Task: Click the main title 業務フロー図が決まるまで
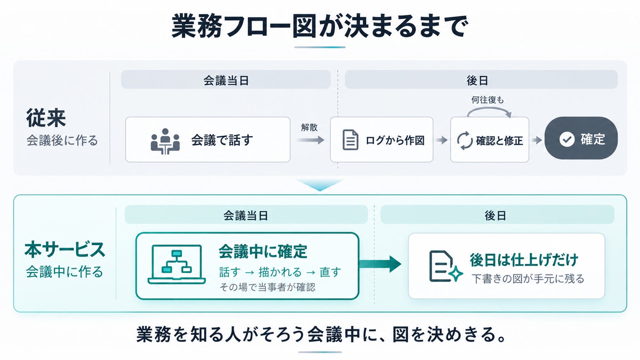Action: [320, 26]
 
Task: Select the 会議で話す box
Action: [208, 140]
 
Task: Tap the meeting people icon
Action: [165, 141]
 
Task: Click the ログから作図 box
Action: [382, 140]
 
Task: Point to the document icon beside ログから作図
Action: [350, 140]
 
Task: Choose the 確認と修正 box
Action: [490, 140]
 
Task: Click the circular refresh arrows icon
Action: [465, 140]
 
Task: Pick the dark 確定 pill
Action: [581, 138]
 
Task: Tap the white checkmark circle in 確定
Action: [567, 139]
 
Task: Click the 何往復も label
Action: [487, 100]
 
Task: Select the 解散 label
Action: [309, 127]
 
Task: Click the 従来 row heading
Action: [46, 117]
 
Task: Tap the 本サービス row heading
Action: [65, 249]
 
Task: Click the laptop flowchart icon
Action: [176, 264]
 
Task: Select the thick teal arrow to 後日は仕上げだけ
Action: [380, 264]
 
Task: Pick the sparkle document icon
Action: [446, 266]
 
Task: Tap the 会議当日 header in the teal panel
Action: [246, 215]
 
